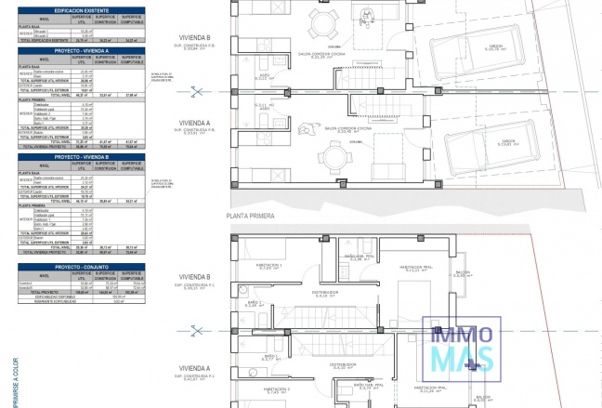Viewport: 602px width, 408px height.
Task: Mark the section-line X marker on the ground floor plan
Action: (x=196, y=91)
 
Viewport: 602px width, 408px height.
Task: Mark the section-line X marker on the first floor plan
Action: (x=196, y=329)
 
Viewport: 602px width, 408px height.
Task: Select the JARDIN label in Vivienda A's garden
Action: (x=507, y=141)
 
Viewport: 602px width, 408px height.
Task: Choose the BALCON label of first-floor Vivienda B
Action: (x=464, y=273)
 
